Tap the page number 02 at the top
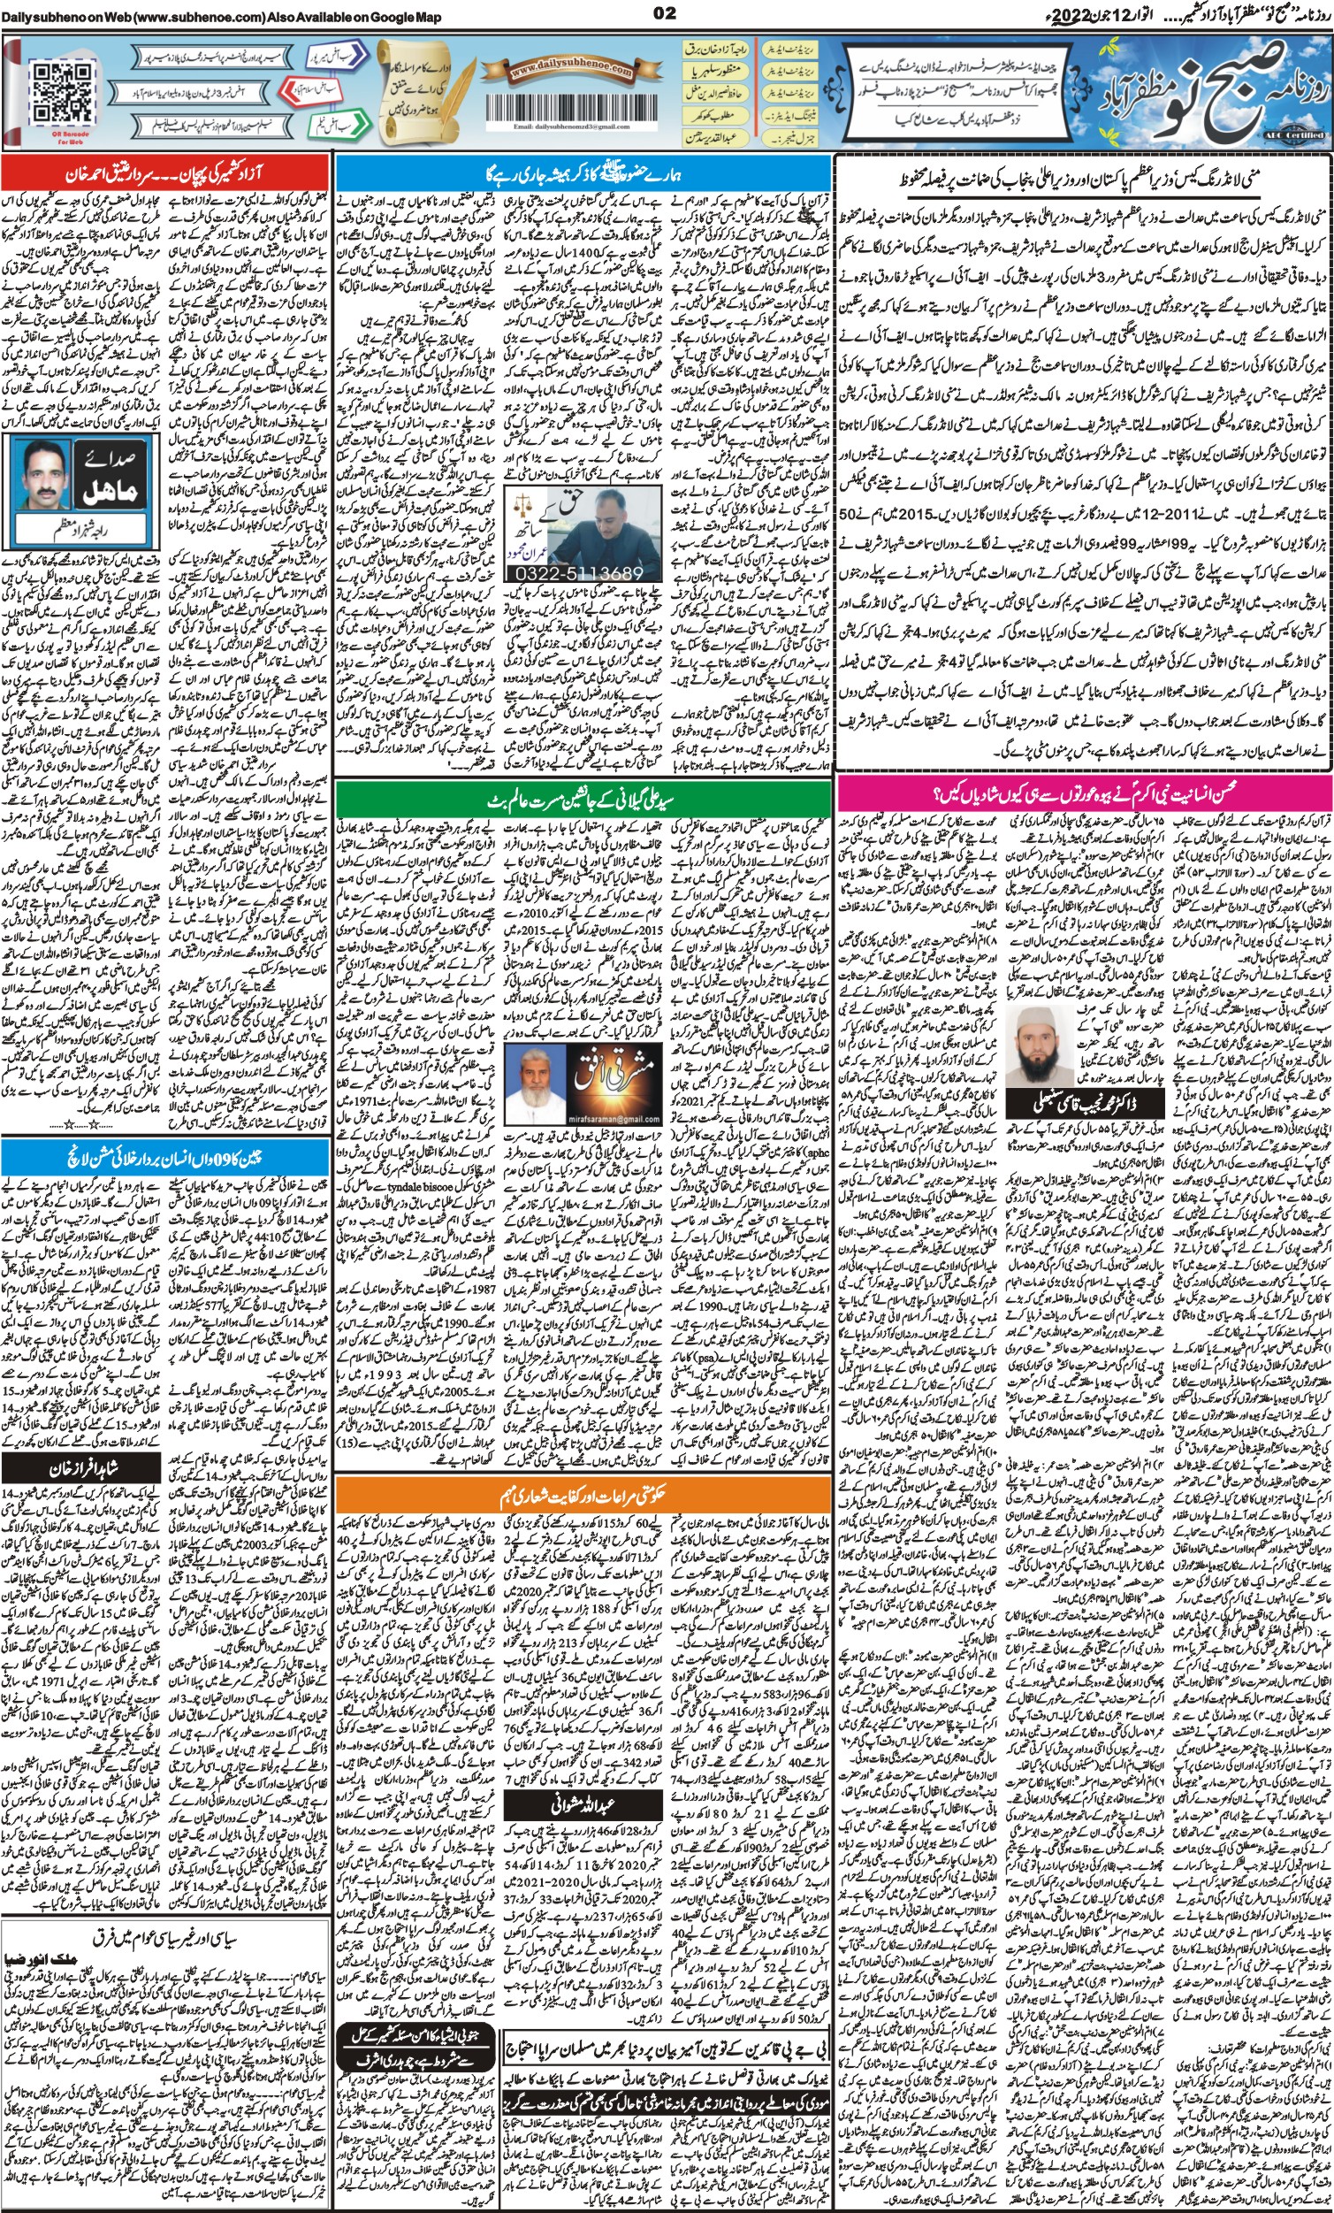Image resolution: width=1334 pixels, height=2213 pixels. pyautogui.click(x=665, y=12)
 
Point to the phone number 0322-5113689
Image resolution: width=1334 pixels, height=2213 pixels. pyautogui.click(x=582, y=572)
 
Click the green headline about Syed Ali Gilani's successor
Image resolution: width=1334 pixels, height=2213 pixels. pyautogui.click(x=582, y=798)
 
